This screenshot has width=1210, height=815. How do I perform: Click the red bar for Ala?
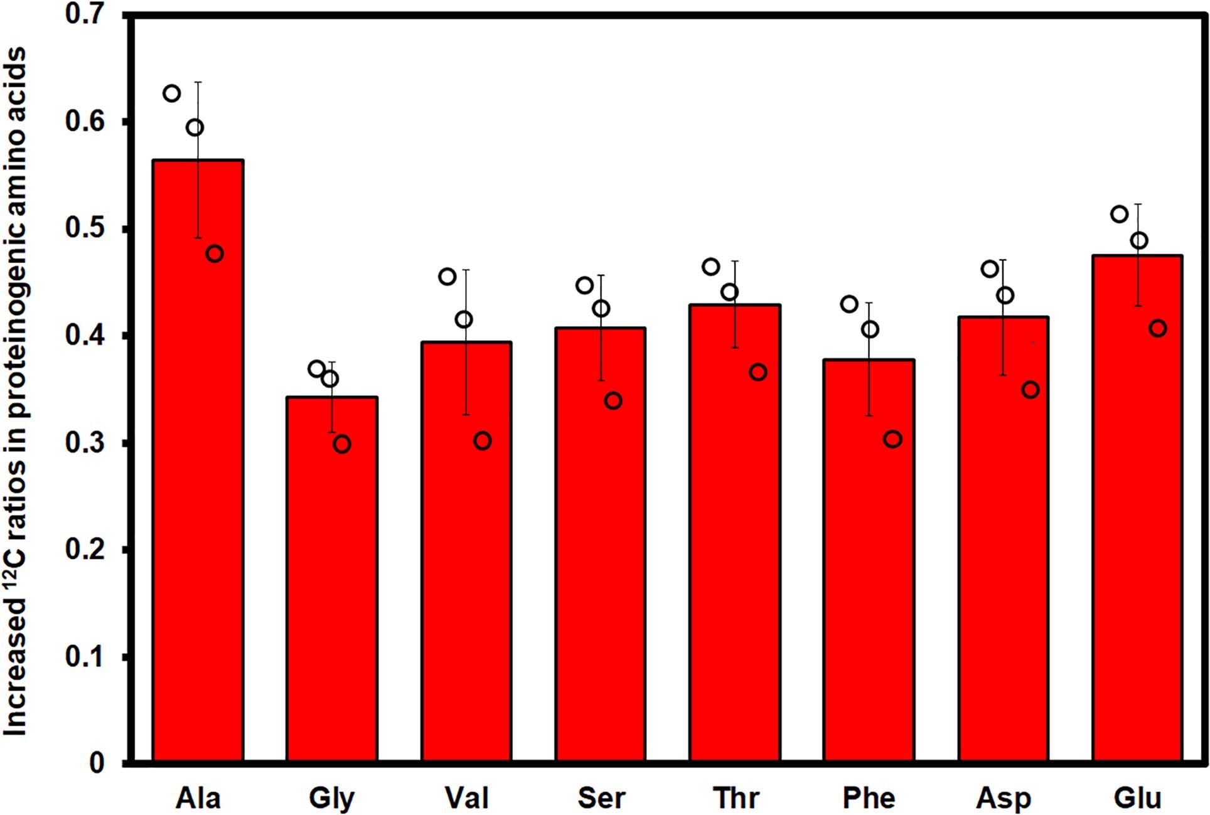pyautogui.click(x=198, y=461)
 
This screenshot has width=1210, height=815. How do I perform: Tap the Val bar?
pyautogui.click(x=466, y=552)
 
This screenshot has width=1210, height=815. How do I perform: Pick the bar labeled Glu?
pyautogui.click(x=1137, y=508)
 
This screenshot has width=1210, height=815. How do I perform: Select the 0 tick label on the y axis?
pyautogui.click(x=96, y=763)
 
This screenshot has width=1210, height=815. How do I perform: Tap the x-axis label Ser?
pyautogui.click(x=601, y=798)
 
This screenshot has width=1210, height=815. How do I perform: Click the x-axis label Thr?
pyautogui.click(x=736, y=798)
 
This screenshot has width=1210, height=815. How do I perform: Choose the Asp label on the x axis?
pyautogui.click(x=1003, y=798)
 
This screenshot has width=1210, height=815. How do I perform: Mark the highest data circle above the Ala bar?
pyautogui.click(x=171, y=93)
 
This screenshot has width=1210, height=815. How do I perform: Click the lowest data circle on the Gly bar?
pyautogui.click(x=342, y=444)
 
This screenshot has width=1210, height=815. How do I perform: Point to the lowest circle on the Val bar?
pyautogui.click(x=482, y=441)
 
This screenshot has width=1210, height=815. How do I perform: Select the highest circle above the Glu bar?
pyautogui.click(x=1119, y=214)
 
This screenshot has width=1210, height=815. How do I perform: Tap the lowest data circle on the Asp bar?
pyautogui.click(x=1031, y=390)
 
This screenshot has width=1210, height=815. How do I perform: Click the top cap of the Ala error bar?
pyautogui.click(x=198, y=82)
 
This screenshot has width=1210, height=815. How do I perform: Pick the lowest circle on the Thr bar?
pyautogui.click(x=758, y=372)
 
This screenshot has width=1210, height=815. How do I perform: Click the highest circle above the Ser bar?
pyautogui.click(x=584, y=285)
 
